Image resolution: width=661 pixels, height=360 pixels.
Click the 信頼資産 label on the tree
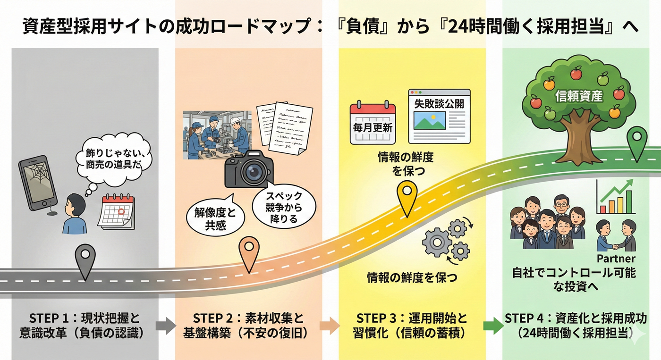pyautogui.click(x=578, y=96)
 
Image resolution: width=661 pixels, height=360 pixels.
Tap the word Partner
pyautogui.click(x=616, y=259)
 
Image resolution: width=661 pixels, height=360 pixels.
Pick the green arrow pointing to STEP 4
pyautogui.click(x=491, y=326)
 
